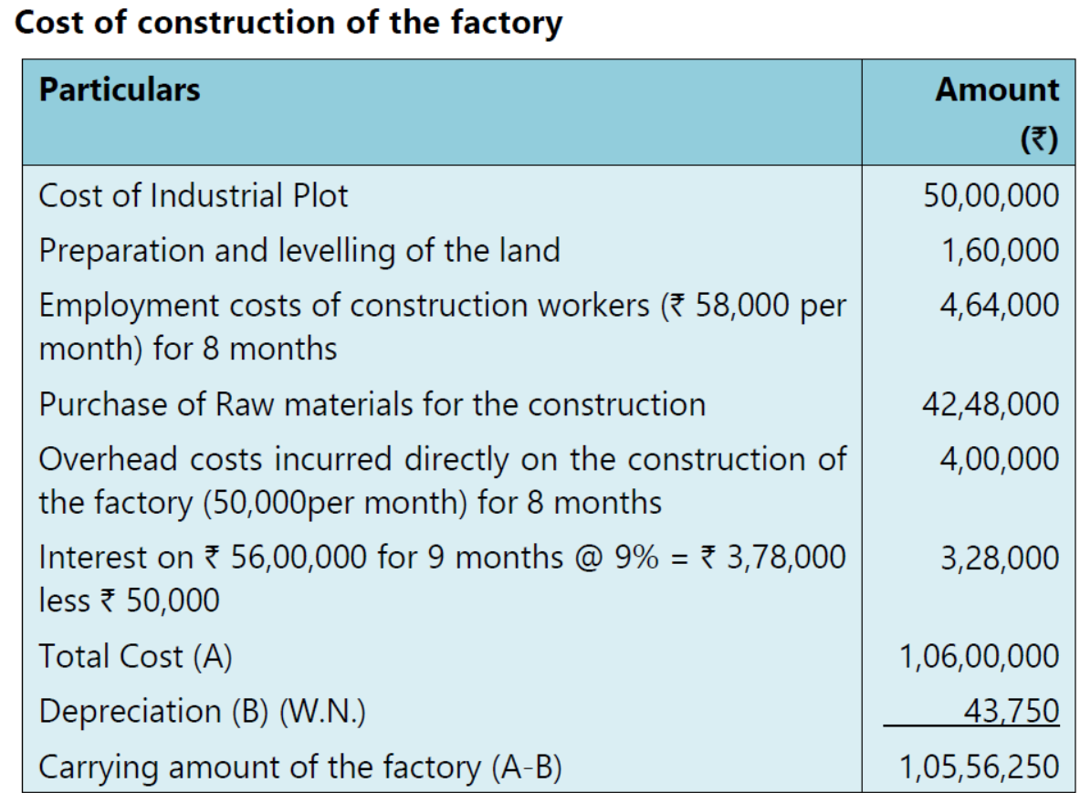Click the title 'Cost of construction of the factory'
(288, 23)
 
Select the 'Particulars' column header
(119, 89)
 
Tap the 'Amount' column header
(998, 89)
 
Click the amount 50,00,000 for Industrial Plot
(991, 196)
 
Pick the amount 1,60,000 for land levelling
(1001, 250)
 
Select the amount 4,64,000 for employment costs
(1001, 304)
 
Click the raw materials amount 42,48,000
(991, 404)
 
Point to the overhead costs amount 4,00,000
(1001, 458)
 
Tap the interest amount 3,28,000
(1001, 558)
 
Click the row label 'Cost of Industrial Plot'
(193, 196)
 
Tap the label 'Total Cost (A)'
(134, 657)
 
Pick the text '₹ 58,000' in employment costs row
(730, 305)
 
